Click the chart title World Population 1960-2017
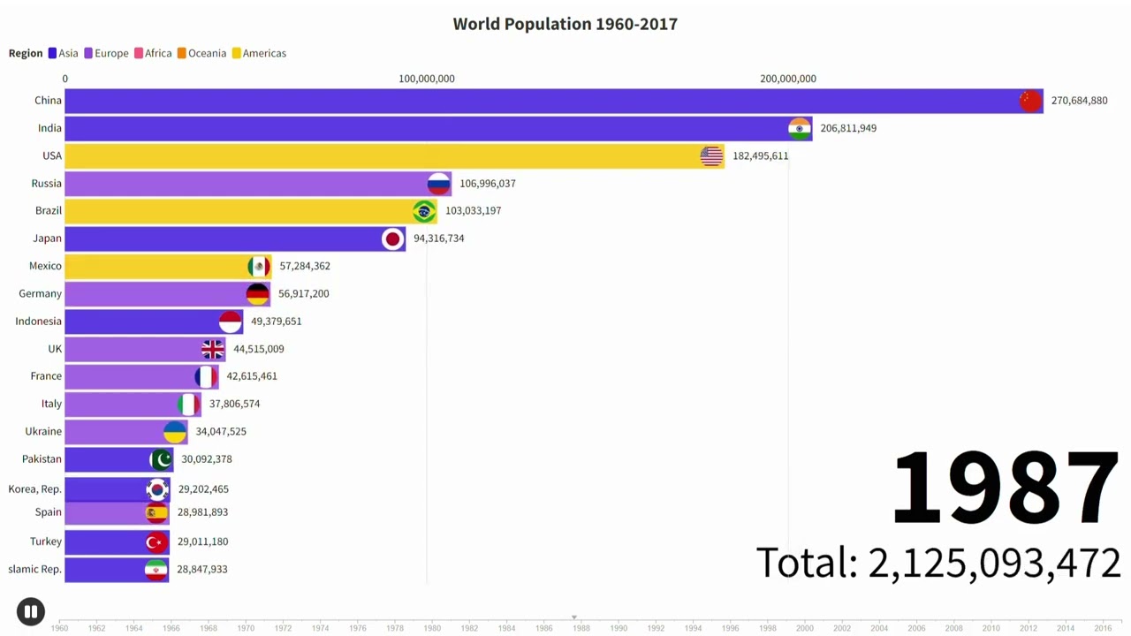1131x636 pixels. point(565,24)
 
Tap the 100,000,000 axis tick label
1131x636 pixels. point(426,79)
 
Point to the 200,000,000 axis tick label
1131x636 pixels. point(787,79)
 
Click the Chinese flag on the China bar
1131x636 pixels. point(1030,101)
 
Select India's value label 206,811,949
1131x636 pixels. point(847,128)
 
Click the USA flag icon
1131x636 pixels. point(711,155)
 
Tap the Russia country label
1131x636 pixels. point(47,183)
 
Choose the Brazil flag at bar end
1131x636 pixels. point(424,211)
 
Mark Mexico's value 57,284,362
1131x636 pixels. point(305,266)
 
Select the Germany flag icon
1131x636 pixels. point(257,293)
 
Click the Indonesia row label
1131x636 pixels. point(38,321)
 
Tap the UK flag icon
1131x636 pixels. point(212,349)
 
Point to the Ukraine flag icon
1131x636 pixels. point(175,431)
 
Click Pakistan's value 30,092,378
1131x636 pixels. point(206,458)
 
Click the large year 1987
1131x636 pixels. point(1006,488)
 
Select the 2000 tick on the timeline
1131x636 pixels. point(804,628)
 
